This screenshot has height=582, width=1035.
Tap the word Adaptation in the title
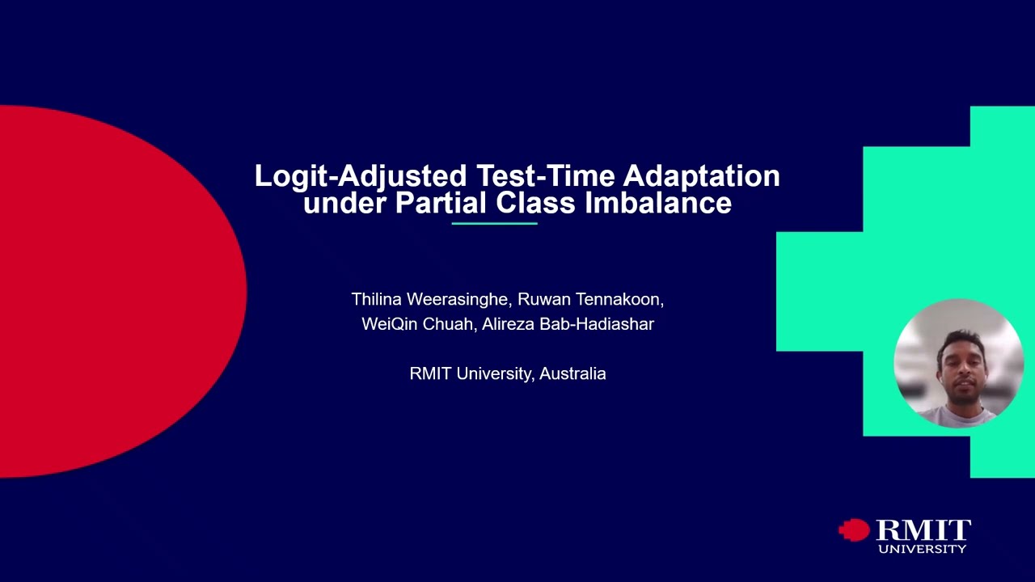pos(701,176)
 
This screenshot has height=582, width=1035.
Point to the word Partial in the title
pos(441,203)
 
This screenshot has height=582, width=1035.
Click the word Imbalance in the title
pos(658,203)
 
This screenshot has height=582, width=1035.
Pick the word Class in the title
pos(536,203)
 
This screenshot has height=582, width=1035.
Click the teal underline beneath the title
pos(494,223)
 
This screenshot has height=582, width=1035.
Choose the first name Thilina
pos(376,300)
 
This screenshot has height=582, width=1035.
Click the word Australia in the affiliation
pos(572,373)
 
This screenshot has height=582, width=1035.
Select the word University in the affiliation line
pos(494,373)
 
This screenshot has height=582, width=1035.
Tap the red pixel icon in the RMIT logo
pos(854,530)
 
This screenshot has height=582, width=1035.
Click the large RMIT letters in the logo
pos(923,530)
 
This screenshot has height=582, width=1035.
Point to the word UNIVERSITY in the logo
pos(922,550)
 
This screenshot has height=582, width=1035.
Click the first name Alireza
pos(508,324)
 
